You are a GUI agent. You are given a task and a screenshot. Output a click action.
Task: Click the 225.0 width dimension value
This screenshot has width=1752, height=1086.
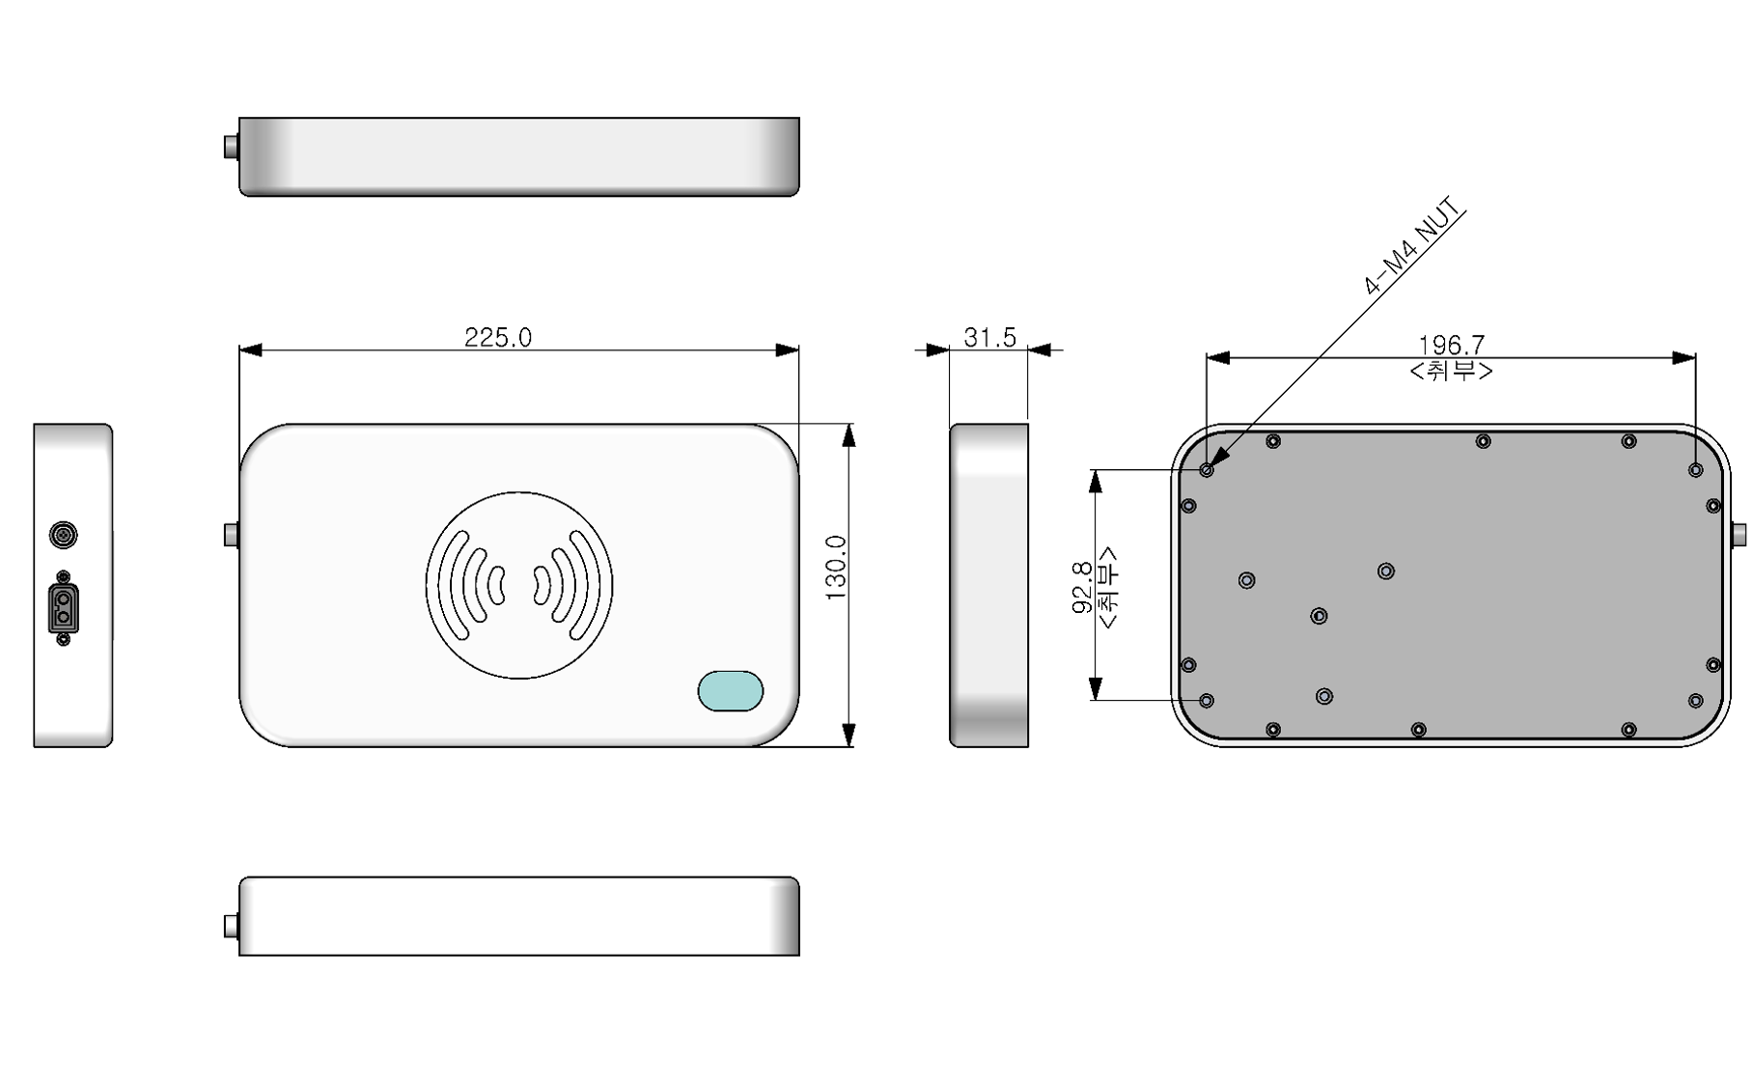pos(497,337)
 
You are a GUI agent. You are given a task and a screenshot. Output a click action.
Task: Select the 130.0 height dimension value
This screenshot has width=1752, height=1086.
pos(836,568)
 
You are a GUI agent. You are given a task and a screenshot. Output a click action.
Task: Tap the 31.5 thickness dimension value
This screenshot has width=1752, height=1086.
pos(989,337)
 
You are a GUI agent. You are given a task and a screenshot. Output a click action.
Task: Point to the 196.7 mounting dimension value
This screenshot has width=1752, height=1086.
pos(1451,345)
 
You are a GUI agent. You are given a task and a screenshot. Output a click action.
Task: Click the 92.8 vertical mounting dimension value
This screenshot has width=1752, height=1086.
pos(1082,587)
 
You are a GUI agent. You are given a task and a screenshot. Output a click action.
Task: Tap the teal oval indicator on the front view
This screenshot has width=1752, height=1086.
pos(731,690)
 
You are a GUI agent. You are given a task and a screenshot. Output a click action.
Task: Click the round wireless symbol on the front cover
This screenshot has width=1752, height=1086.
pos(519,585)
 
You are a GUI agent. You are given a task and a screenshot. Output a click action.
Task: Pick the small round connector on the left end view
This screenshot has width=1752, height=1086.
pos(64,534)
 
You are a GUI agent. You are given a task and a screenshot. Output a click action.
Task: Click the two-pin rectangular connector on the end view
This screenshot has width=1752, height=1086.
pos(64,608)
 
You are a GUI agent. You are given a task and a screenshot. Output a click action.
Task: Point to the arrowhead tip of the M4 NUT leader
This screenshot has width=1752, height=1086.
pos(1210,466)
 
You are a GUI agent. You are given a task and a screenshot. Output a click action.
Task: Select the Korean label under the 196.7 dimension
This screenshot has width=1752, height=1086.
pos(1451,371)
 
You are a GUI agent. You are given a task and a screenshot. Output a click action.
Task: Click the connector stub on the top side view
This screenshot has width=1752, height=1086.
pos(232,147)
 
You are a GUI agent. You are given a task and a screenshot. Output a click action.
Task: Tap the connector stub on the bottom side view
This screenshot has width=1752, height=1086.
pos(232,926)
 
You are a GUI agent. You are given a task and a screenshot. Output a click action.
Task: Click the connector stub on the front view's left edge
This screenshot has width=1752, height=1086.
pos(232,534)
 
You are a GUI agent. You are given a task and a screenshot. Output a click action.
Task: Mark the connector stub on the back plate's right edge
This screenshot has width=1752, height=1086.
pos(1738,534)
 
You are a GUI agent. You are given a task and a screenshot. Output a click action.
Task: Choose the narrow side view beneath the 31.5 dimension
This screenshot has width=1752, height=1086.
pos(988,585)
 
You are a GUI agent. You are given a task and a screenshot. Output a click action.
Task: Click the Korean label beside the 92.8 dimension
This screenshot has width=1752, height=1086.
pos(1108,587)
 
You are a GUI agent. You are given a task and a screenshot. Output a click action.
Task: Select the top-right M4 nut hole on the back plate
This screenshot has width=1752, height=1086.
pos(1695,470)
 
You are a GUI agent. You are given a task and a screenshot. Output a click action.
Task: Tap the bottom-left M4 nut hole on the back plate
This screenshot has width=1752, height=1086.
pos(1207,700)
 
